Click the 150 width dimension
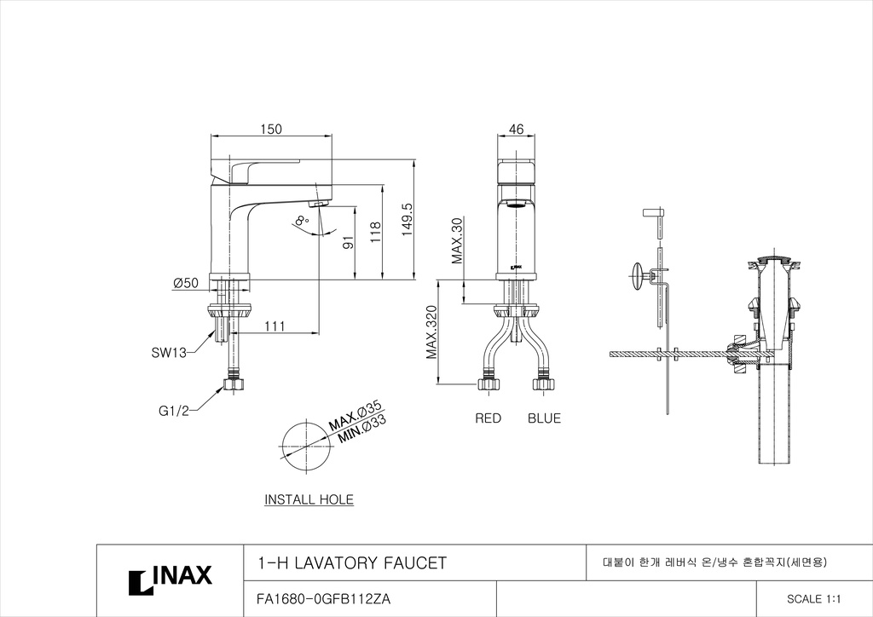click(x=271, y=129)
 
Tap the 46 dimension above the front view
click(x=516, y=129)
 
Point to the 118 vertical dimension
click(x=376, y=233)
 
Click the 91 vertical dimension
click(x=349, y=244)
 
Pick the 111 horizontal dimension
click(x=275, y=326)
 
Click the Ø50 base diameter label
click(x=185, y=283)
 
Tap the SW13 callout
click(x=170, y=352)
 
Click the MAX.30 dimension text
click(x=457, y=240)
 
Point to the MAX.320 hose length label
click(x=432, y=332)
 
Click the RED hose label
click(x=489, y=418)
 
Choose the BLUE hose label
click(x=544, y=418)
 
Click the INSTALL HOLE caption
click(x=309, y=499)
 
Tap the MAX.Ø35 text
click(x=356, y=415)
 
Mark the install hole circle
click(x=307, y=447)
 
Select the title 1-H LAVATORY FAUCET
click(x=351, y=563)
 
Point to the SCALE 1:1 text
click(x=809, y=599)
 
